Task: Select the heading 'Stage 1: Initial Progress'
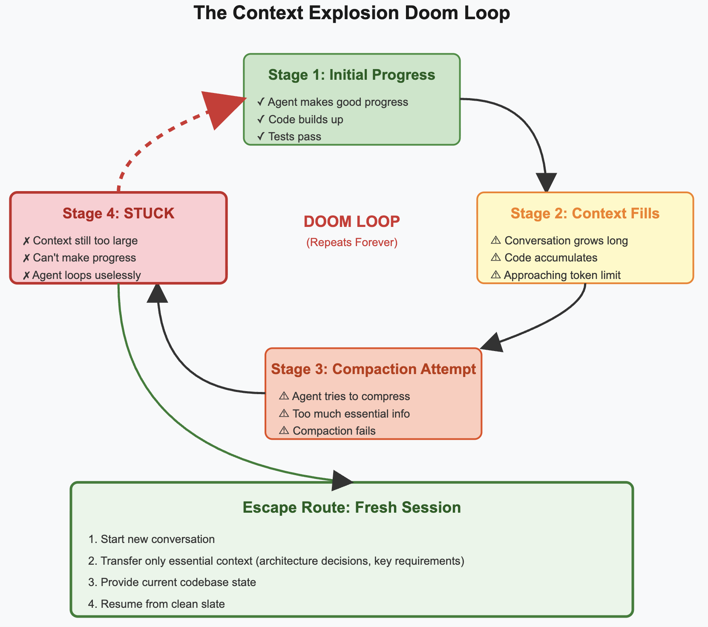click(351, 75)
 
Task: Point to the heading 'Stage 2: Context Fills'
click(585, 213)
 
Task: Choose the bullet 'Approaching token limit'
click(556, 275)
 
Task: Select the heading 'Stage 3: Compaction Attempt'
click(373, 369)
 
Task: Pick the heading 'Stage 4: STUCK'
click(118, 213)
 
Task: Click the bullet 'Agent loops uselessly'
click(82, 275)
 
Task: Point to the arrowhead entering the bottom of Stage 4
click(158, 293)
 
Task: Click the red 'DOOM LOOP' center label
click(351, 221)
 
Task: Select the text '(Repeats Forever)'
click(351, 243)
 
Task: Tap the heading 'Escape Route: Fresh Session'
click(351, 508)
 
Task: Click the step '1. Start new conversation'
click(151, 539)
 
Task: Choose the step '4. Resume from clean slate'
click(156, 604)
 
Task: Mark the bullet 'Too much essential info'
click(344, 414)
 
